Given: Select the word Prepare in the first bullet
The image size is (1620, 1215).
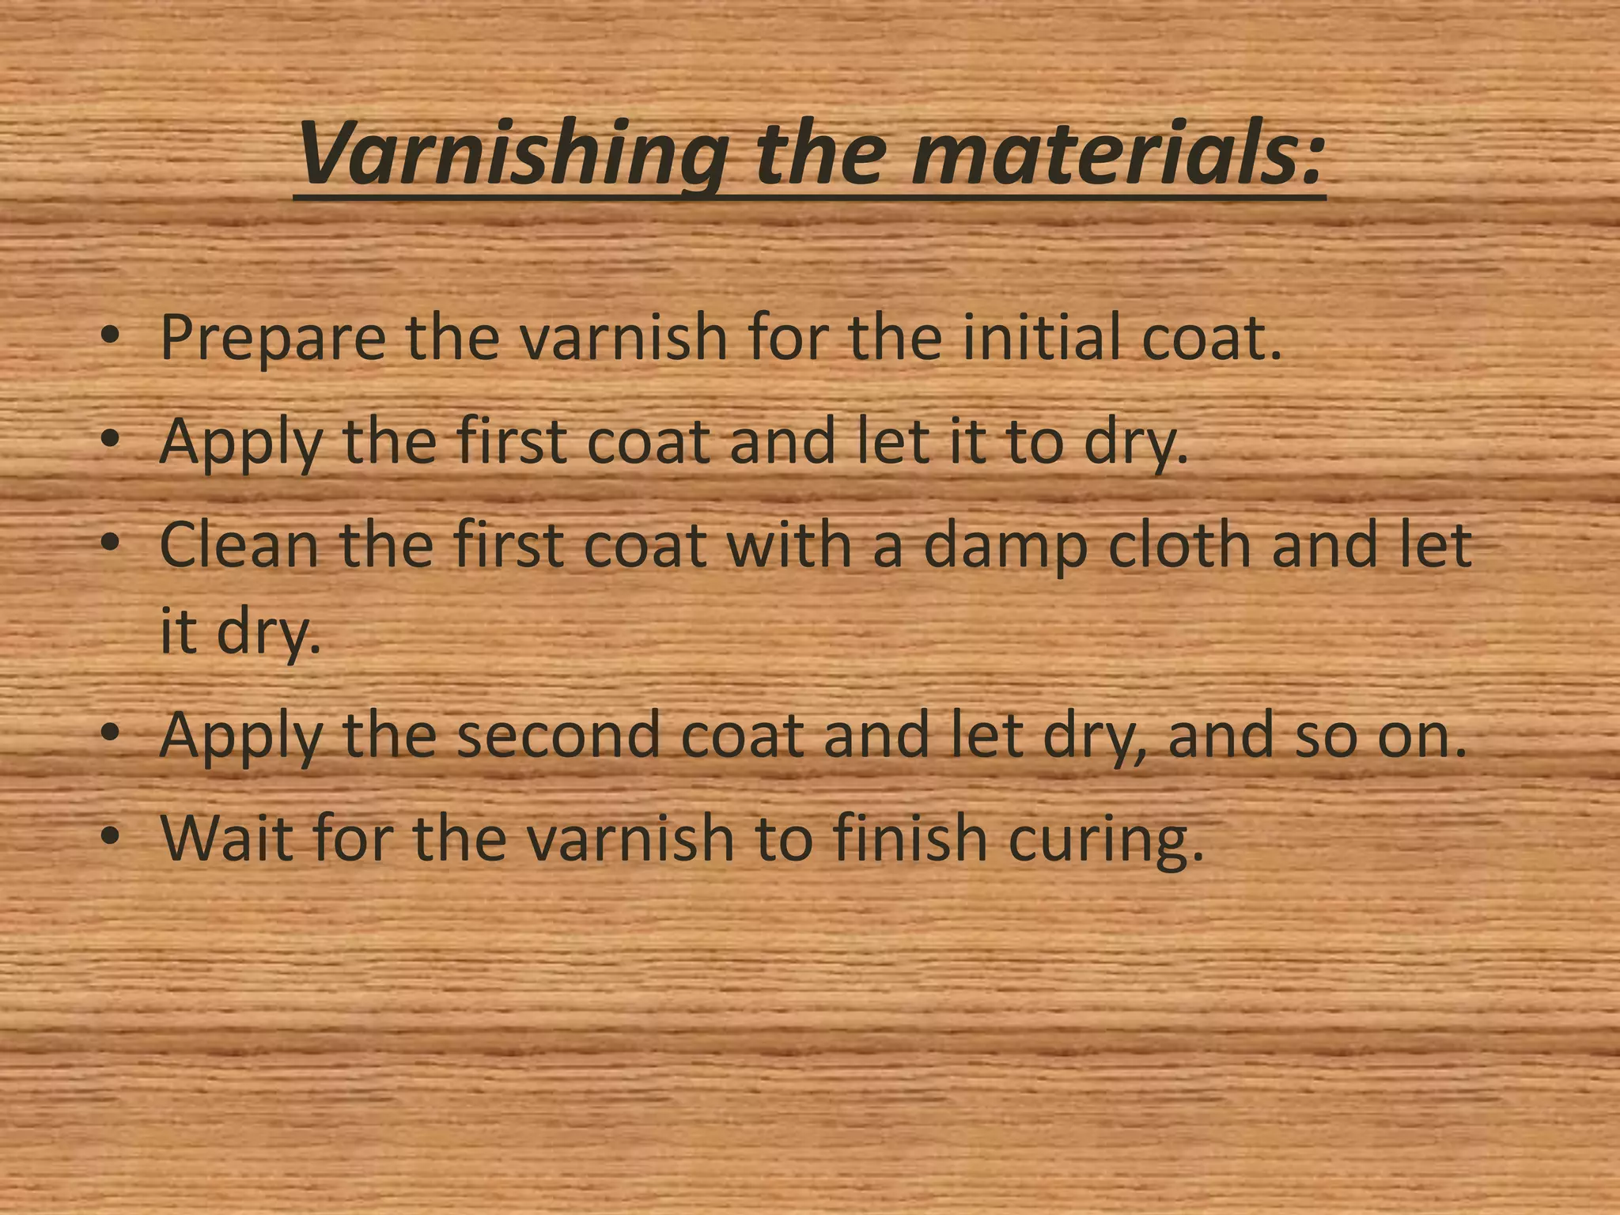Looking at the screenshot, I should [273, 339].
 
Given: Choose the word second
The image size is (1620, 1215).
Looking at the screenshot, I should [558, 735].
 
